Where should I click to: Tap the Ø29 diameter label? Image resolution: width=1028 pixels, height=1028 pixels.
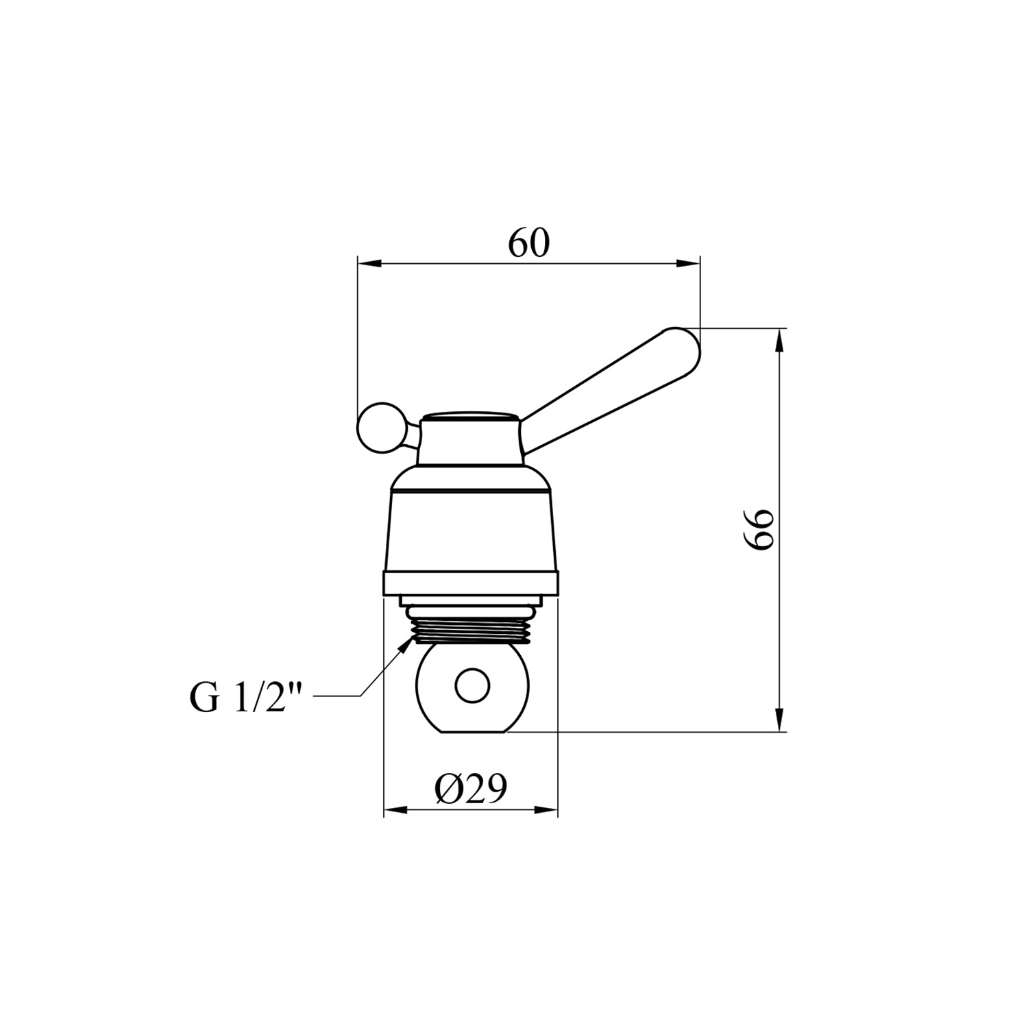[x=470, y=789]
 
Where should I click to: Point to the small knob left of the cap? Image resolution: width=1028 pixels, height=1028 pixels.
[x=376, y=427]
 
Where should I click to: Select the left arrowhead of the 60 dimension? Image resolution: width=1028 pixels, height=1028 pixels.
[x=369, y=263]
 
